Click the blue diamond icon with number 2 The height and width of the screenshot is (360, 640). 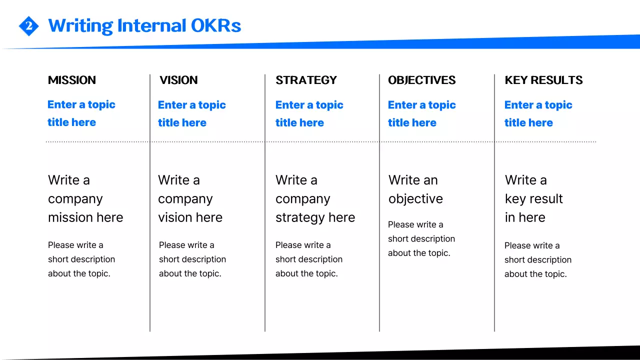[x=28, y=26]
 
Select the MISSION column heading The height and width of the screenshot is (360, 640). [x=72, y=80]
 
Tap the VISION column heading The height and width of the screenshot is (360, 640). [x=178, y=80]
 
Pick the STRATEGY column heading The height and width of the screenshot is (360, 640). [x=306, y=80]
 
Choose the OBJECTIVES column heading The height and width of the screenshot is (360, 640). [x=421, y=80]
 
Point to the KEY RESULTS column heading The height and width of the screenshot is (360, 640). [x=543, y=80]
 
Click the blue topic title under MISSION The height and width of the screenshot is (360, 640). [x=81, y=113]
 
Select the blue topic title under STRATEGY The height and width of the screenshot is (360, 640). [x=309, y=113]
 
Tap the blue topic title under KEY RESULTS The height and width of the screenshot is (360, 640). [x=538, y=113]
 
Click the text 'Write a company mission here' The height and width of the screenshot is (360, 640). [x=85, y=198]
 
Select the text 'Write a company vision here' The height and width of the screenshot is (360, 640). [x=190, y=198]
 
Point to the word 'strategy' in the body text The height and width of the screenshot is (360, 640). [x=298, y=217]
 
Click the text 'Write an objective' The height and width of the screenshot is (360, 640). [x=415, y=189]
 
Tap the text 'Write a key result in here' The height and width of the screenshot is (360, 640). [x=533, y=198]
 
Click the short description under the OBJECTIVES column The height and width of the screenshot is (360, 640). [x=421, y=239]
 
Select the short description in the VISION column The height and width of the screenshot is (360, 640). [x=192, y=259]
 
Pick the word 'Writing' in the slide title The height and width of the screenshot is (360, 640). [x=80, y=25]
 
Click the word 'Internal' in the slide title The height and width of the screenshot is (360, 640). [x=147, y=25]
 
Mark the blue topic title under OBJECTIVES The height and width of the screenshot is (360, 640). [x=421, y=113]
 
